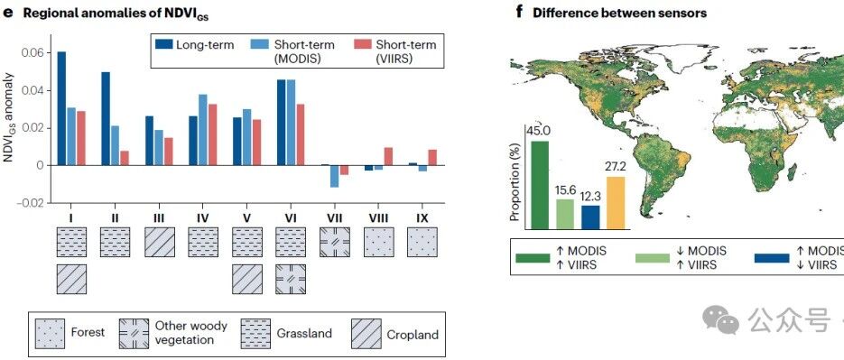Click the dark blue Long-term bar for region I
click(62, 108)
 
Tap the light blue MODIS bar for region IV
click(203, 130)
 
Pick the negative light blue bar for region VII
click(335, 176)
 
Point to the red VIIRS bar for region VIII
click(388, 156)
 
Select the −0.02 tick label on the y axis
click(32, 203)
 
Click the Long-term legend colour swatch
click(163, 44)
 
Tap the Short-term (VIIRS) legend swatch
click(363, 44)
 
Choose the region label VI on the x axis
click(291, 218)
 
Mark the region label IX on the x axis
click(422, 218)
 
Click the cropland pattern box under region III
click(160, 242)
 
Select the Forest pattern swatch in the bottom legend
click(50, 334)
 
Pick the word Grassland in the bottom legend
click(304, 333)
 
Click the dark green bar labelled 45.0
click(540, 185)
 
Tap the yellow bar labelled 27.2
click(617, 203)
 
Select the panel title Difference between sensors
click(619, 14)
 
